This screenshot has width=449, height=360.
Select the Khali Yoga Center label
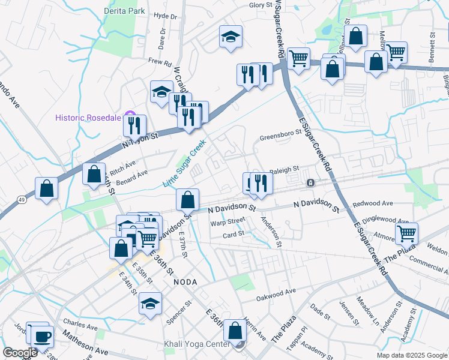(197, 344)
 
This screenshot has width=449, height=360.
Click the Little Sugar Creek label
(185, 163)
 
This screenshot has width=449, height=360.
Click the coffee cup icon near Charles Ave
(42, 336)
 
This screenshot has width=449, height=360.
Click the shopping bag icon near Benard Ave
(94, 174)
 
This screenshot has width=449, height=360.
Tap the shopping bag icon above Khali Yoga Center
(235, 329)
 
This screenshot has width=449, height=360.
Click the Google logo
(20, 353)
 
